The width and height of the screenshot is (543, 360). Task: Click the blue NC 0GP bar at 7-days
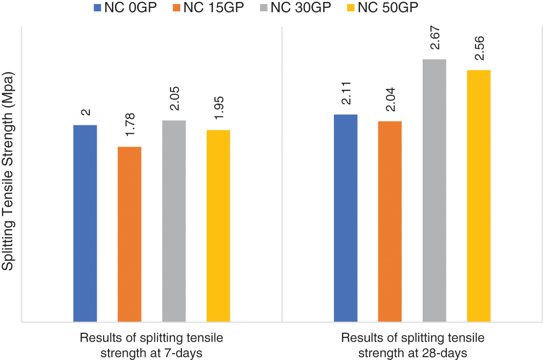[x=85, y=223]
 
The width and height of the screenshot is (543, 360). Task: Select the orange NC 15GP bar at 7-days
[x=129, y=234]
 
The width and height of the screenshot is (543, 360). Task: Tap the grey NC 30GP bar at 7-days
[x=174, y=221]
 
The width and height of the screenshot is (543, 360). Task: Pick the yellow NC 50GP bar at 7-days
[x=218, y=226]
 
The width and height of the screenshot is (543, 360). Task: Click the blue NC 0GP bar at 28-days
[x=345, y=218]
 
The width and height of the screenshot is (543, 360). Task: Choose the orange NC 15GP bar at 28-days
[x=390, y=221]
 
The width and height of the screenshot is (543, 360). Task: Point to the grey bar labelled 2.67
[x=434, y=190]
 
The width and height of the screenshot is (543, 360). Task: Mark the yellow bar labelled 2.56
[x=478, y=196]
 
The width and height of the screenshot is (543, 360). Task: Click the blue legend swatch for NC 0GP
[x=97, y=7]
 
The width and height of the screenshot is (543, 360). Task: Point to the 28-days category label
[x=412, y=345]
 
